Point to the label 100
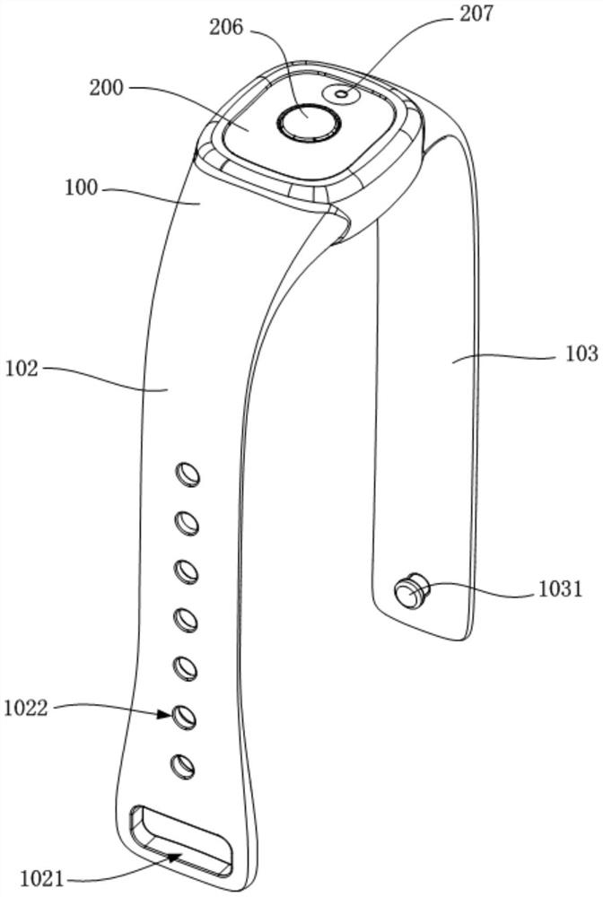[81, 189]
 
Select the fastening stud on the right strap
[410, 592]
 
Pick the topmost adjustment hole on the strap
[188, 473]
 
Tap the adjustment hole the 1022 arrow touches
[184, 715]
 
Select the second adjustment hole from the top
[187, 520]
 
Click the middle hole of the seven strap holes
[185, 618]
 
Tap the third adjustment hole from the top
[186, 569]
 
